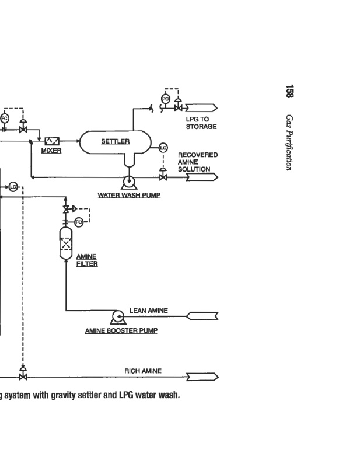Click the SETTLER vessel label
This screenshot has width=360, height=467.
click(x=115, y=141)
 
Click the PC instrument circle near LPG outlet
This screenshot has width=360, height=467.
click(x=165, y=99)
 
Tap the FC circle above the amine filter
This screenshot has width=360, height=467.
click(x=79, y=221)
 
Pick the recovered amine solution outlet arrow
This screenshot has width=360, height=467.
click(x=202, y=176)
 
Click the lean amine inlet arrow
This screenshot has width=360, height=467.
click(x=202, y=316)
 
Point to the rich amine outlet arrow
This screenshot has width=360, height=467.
click(x=202, y=377)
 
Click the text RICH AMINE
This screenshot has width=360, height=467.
click(x=143, y=371)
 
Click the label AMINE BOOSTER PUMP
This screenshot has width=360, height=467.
click(x=121, y=331)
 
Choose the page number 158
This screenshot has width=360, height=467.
click(x=289, y=92)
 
